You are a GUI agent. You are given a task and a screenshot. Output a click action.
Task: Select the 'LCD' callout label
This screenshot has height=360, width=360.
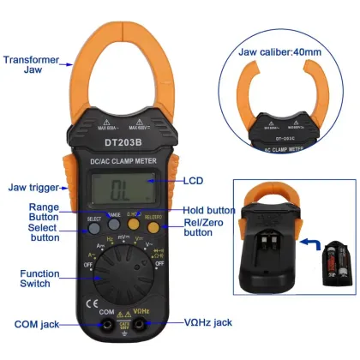point(193,182)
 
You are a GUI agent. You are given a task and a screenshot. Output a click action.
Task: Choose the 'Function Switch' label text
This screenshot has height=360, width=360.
point(38,279)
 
